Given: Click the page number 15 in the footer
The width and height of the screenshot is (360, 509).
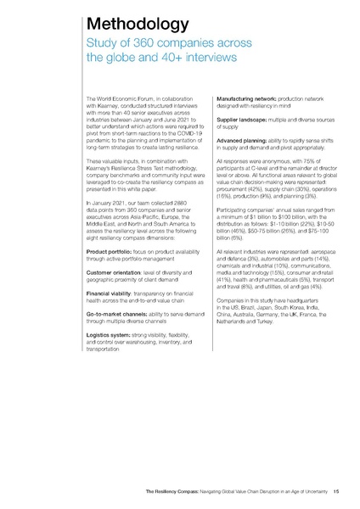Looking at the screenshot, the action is pyautogui.click(x=337, y=491).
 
